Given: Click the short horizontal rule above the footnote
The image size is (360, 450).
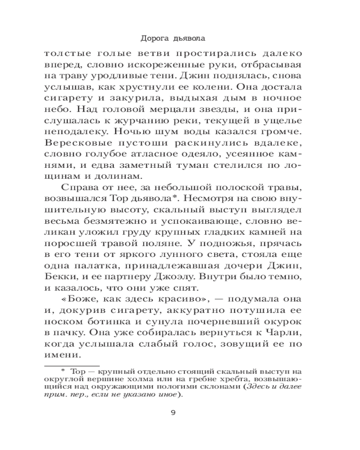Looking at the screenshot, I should pos(72,366).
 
